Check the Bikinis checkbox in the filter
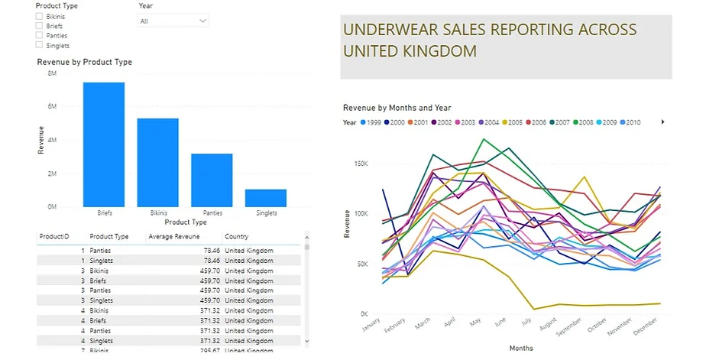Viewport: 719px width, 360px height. (39, 15)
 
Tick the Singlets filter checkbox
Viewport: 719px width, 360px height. (39, 45)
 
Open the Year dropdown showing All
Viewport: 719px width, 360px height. (173, 21)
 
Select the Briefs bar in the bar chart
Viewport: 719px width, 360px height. (104, 144)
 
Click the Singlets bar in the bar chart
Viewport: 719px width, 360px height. (266, 198)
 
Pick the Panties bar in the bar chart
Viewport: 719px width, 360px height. (212, 180)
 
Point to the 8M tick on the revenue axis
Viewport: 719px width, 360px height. (51, 73)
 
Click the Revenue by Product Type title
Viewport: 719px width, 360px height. (85, 62)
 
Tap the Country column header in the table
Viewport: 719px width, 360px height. (236, 237)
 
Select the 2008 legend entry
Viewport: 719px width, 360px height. (601, 122)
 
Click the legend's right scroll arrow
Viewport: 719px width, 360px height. (662, 122)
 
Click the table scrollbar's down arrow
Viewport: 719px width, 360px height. (307, 341)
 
